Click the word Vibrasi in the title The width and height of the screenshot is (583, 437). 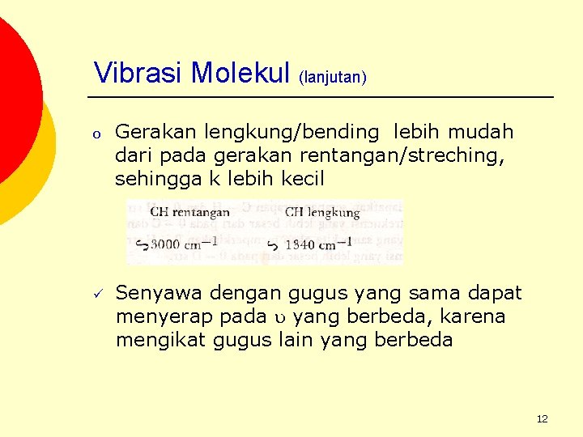point(138,73)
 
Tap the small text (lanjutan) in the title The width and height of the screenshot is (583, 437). point(333,78)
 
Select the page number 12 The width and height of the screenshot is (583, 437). point(542,418)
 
